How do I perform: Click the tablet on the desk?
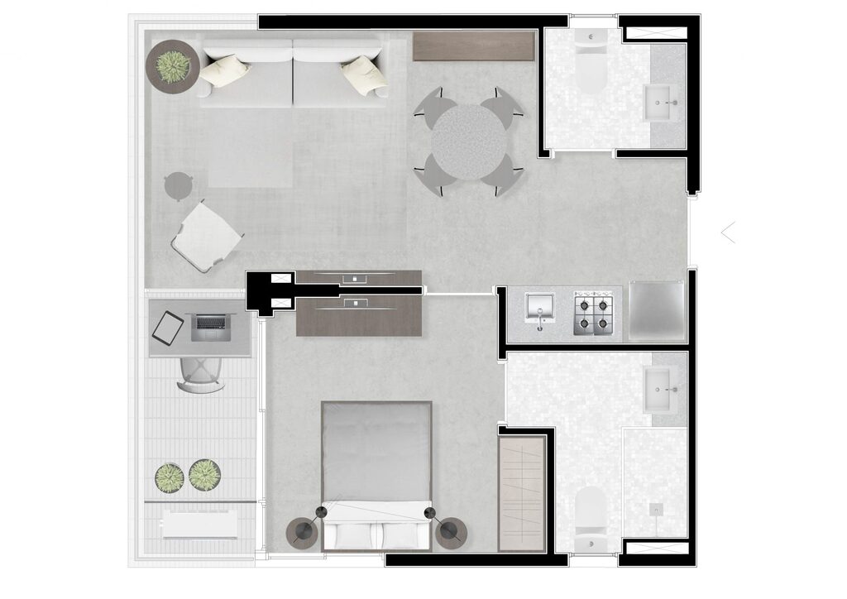point(168,328)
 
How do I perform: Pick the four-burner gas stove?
point(596,314)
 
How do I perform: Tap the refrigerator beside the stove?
point(657,311)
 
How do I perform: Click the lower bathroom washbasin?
point(661,383)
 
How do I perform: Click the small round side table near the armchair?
point(178,185)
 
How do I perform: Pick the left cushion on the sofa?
point(224,70)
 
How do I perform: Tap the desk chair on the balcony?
point(201,375)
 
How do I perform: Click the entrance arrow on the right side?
point(728,232)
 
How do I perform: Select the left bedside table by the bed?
point(301,531)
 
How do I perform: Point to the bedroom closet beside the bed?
point(523,493)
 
